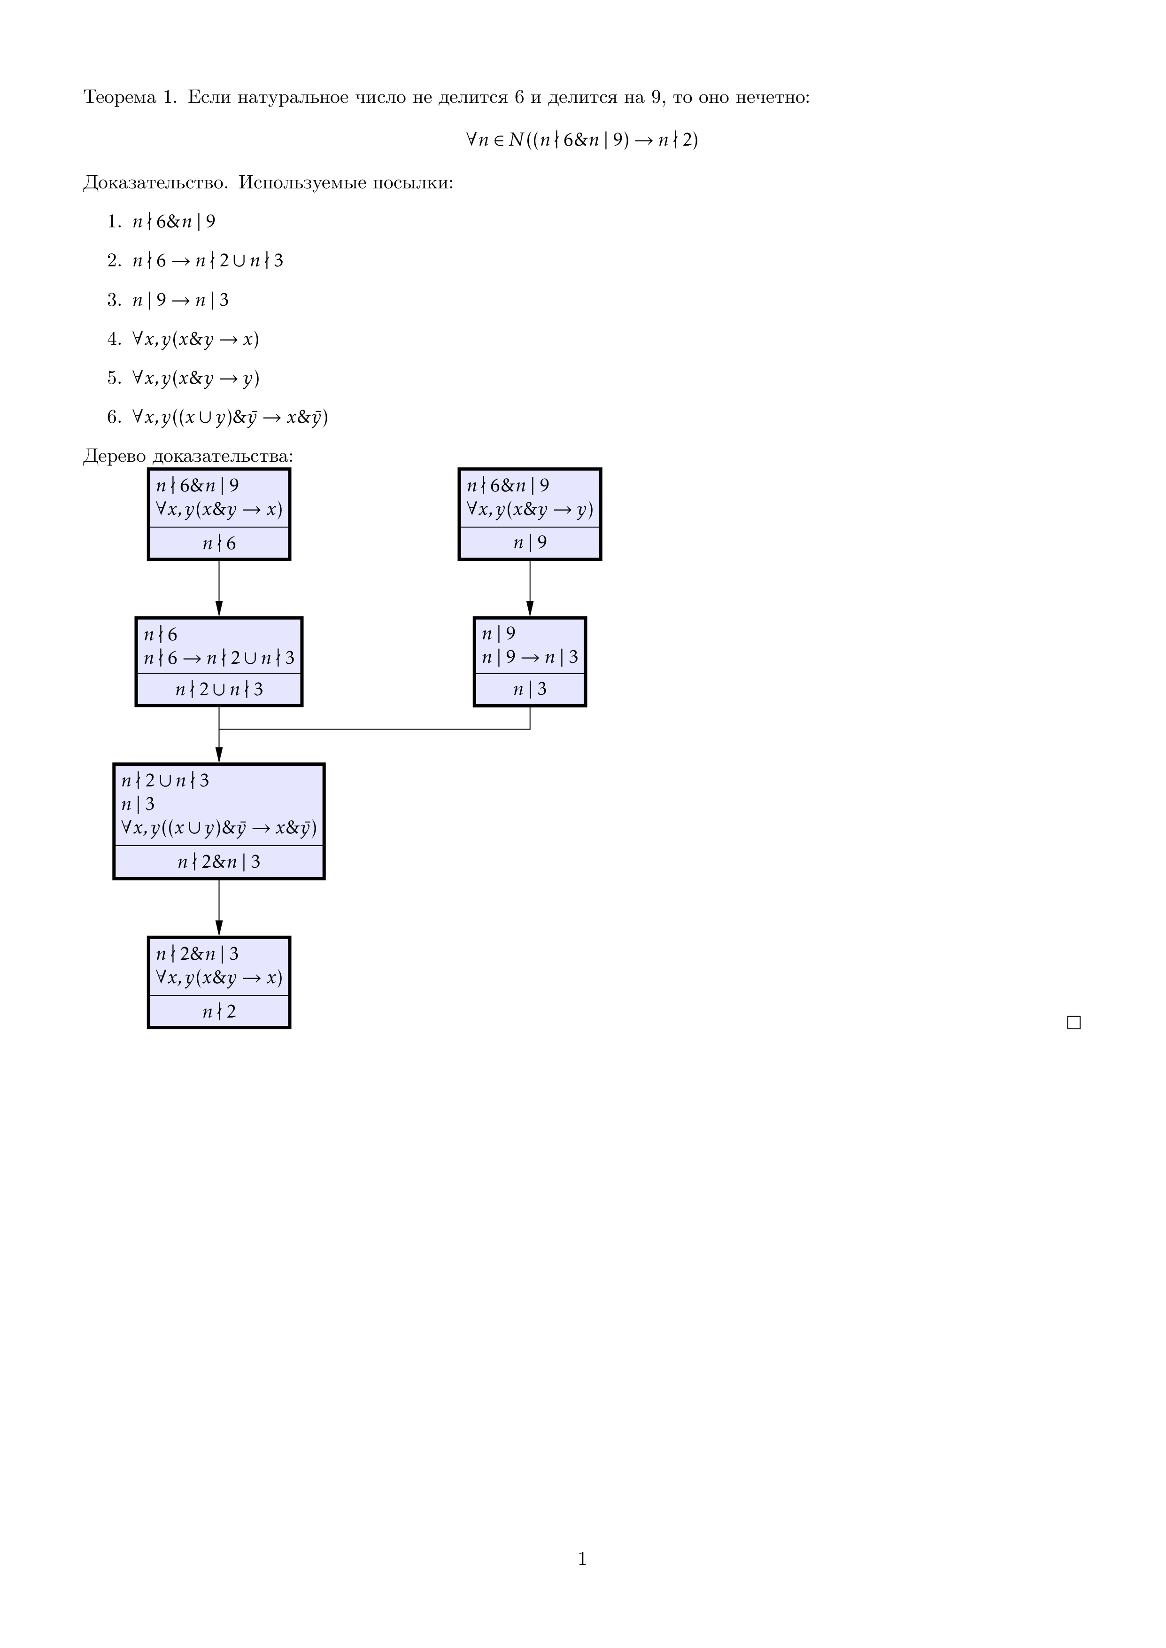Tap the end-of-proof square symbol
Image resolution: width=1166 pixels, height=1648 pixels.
pyautogui.click(x=1073, y=1023)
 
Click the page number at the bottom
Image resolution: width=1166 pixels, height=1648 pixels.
pyautogui.click(x=582, y=1558)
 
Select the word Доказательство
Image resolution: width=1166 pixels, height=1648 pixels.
pyautogui.click(x=155, y=183)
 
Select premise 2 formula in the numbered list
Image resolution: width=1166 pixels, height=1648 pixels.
pyautogui.click(x=208, y=261)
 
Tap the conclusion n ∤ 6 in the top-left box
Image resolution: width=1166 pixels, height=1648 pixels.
pyautogui.click(x=219, y=544)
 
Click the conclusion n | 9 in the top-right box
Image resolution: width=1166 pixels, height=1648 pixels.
pyautogui.click(x=530, y=543)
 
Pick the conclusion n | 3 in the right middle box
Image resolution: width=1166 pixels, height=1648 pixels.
pyautogui.click(x=530, y=689)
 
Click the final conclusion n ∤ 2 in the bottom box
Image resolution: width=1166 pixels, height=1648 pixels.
pyautogui.click(x=219, y=1012)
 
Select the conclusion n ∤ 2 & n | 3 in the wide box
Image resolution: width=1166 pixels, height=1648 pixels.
pyautogui.click(x=219, y=862)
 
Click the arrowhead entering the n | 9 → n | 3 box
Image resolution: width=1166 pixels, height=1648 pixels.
pyautogui.click(x=530, y=608)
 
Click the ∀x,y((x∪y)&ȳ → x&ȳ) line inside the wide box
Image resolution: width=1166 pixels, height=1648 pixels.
pyautogui.click(x=219, y=828)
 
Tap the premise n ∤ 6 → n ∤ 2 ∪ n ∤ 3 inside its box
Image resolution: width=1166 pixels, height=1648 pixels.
pyautogui.click(x=219, y=658)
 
